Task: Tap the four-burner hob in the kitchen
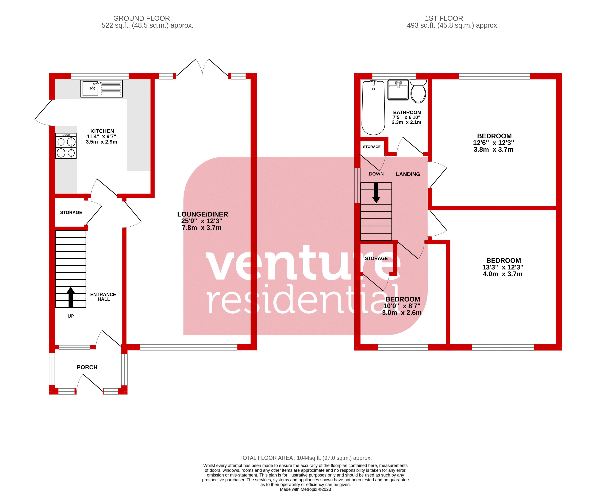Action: (66, 146)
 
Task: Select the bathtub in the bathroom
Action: (373, 108)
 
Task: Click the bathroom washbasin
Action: (398, 90)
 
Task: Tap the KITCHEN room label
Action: (102, 131)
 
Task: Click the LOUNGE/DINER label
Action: (202, 214)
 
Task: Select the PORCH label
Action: (87, 367)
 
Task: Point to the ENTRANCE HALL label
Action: (103, 297)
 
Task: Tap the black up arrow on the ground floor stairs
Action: (71, 297)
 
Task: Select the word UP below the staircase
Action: (71, 316)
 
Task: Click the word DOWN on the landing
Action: (376, 174)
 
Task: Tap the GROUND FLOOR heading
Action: (141, 18)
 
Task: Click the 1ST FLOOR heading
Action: (444, 18)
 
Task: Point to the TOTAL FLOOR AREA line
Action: (306, 458)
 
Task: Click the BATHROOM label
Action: (407, 112)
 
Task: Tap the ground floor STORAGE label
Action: (71, 212)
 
